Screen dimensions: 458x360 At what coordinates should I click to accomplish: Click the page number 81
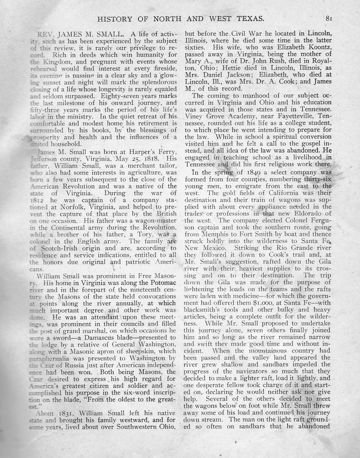[x=329, y=19]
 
